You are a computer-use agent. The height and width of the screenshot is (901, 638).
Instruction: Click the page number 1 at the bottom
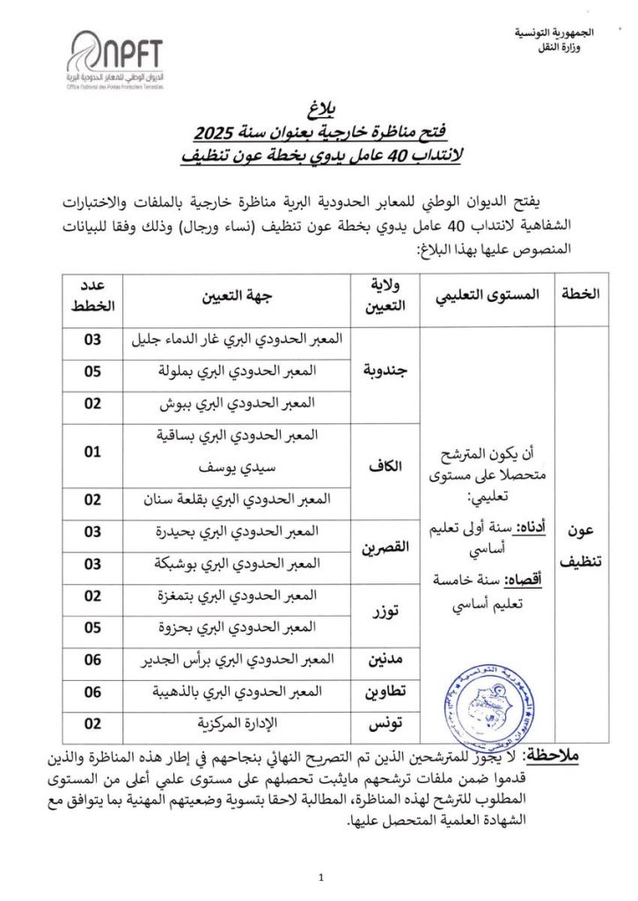point(322,876)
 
